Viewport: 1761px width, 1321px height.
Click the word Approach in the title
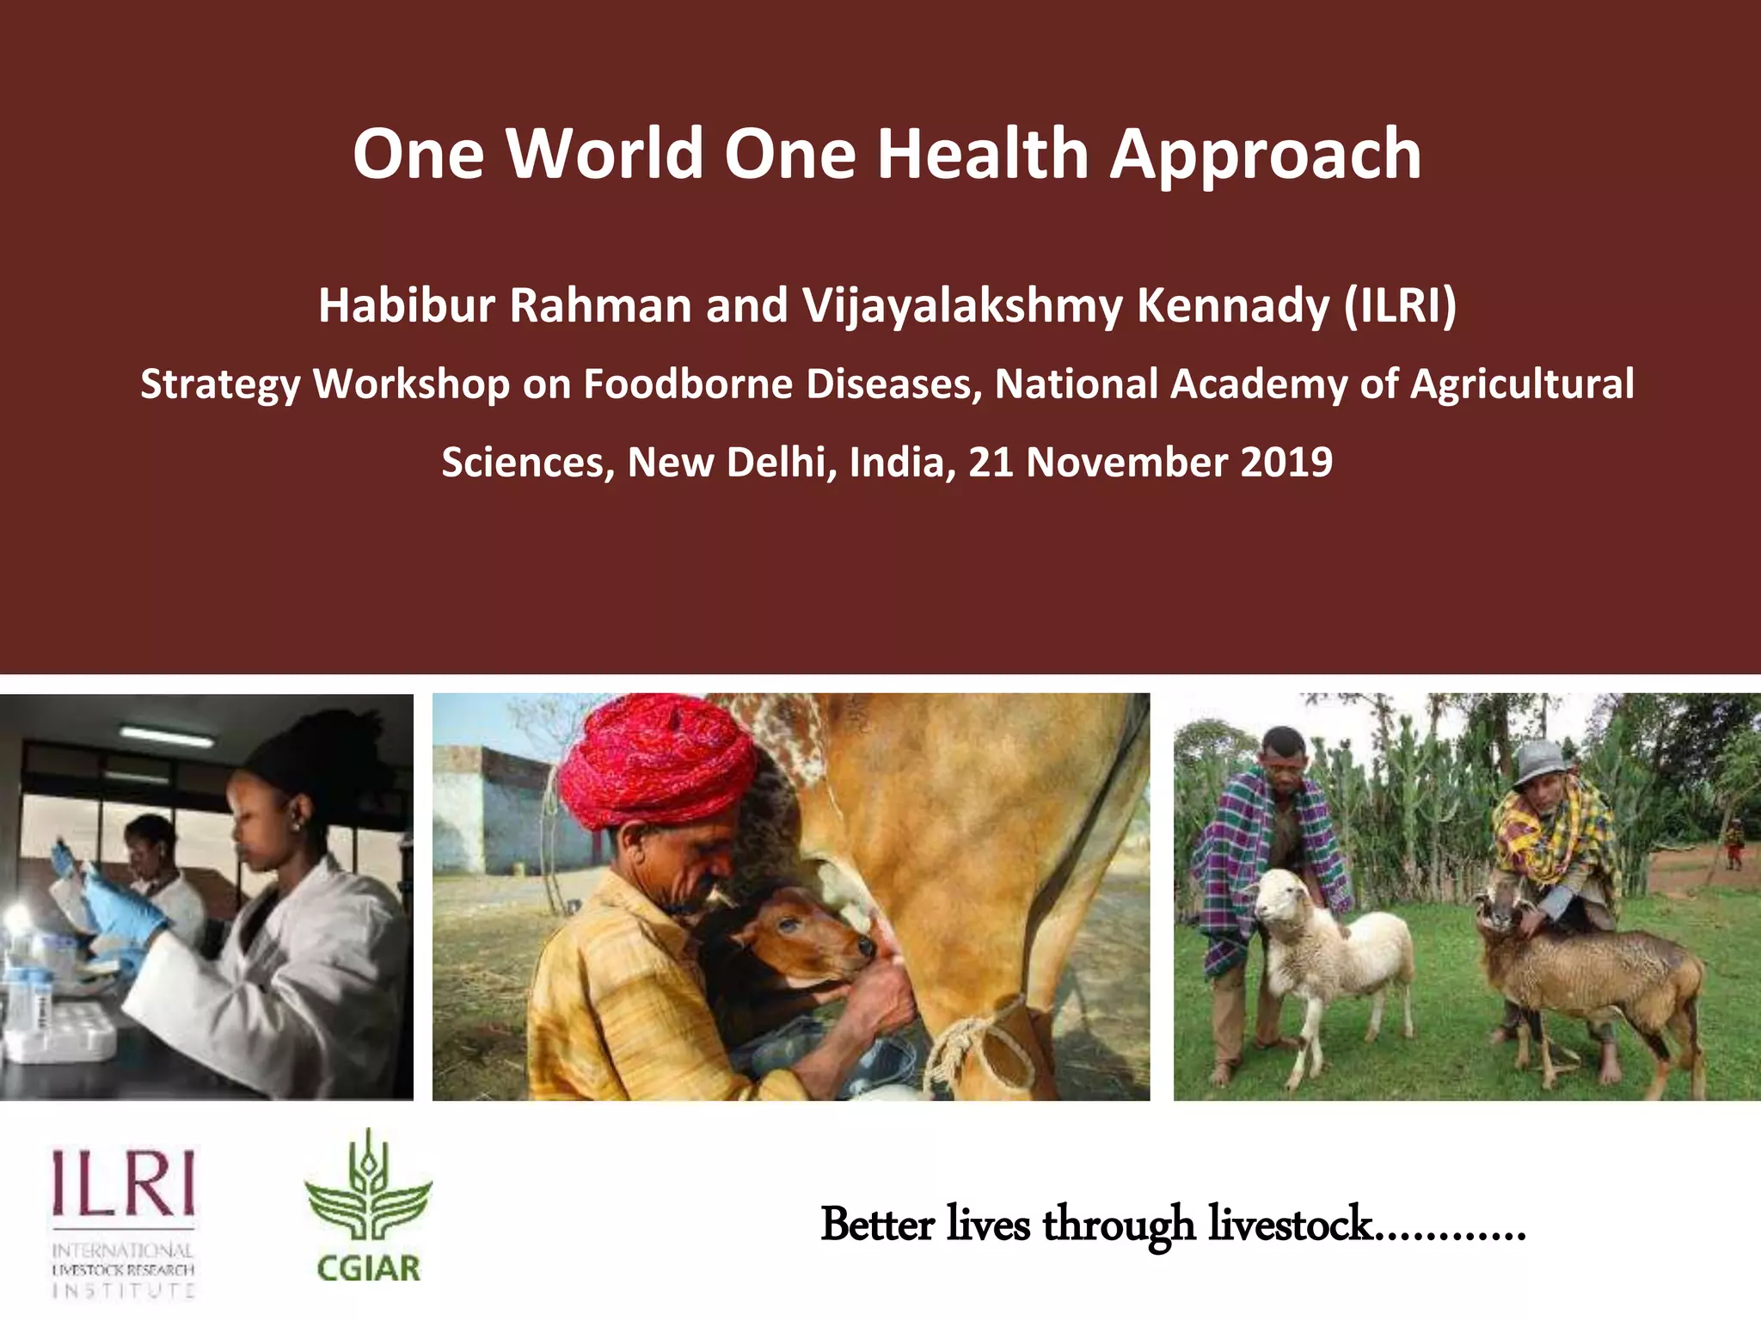(1265, 155)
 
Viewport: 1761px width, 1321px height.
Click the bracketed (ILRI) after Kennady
(1401, 305)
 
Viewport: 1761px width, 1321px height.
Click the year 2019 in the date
(1286, 462)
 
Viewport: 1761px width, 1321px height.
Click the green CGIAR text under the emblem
(368, 1269)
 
